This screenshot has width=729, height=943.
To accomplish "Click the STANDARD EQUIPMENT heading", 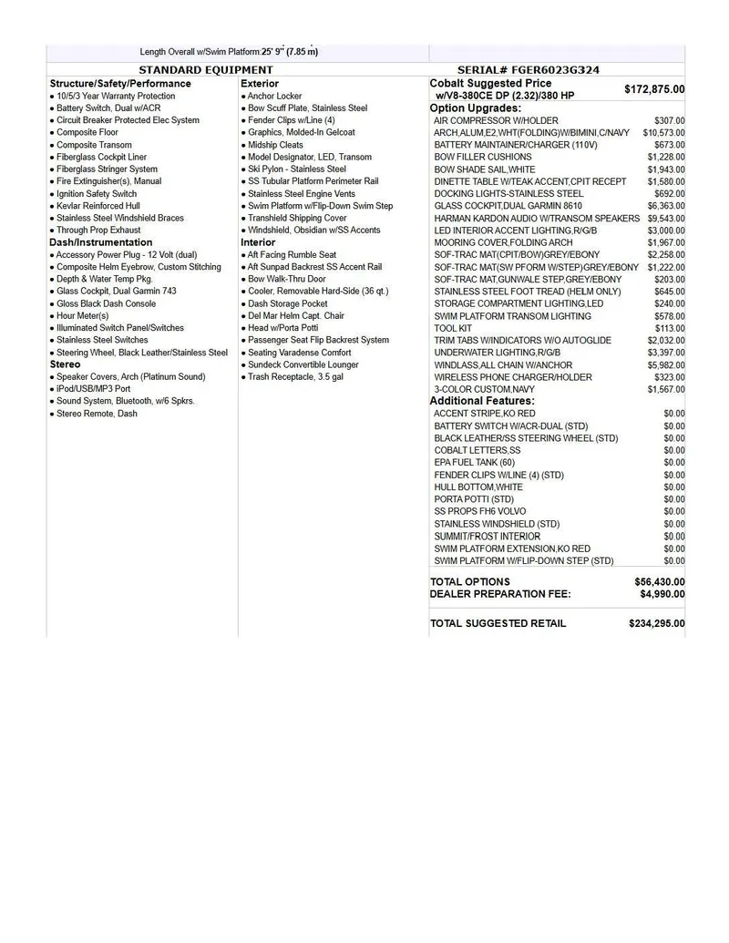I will pyautogui.click(x=205, y=70).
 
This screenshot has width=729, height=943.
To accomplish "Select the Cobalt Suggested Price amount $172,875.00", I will pyautogui.click(x=654, y=89).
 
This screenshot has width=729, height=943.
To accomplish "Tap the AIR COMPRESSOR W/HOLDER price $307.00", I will pyautogui.click(x=670, y=120).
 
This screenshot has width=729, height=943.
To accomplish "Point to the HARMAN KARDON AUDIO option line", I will pyautogui.click(x=537, y=219).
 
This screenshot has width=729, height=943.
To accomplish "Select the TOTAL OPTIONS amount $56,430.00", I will pyautogui.click(x=660, y=581).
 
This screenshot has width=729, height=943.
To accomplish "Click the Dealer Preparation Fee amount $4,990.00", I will pyautogui.click(x=662, y=594).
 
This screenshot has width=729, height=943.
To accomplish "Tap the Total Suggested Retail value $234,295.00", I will pyautogui.click(x=657, y=623).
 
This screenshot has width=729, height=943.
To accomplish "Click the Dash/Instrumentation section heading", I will pyautogui.click(x=101, y=242).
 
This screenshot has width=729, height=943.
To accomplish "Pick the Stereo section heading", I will pyautogui.click(x=65, y=364).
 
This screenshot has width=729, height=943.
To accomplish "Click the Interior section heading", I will pyautogui.click(x=258, y=242).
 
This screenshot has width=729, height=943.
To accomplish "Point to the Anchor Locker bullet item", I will pyautogui.click(x=274, y=96).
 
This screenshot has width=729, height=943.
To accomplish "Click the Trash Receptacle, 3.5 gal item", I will pyautogui.click(x=295, y=376).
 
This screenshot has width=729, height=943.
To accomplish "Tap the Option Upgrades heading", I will pyautogui.click(x=476, y=108).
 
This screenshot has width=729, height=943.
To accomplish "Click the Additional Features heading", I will pyautogui.click(x=482, y=401).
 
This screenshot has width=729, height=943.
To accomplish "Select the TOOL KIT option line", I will pyautogui.click(x=453, y=328).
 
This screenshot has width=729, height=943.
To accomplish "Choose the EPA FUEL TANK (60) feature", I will pyautogui.click(x=475, y=463).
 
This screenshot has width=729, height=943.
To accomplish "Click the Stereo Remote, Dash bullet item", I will pyautogui.click(x=97, y=414).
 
